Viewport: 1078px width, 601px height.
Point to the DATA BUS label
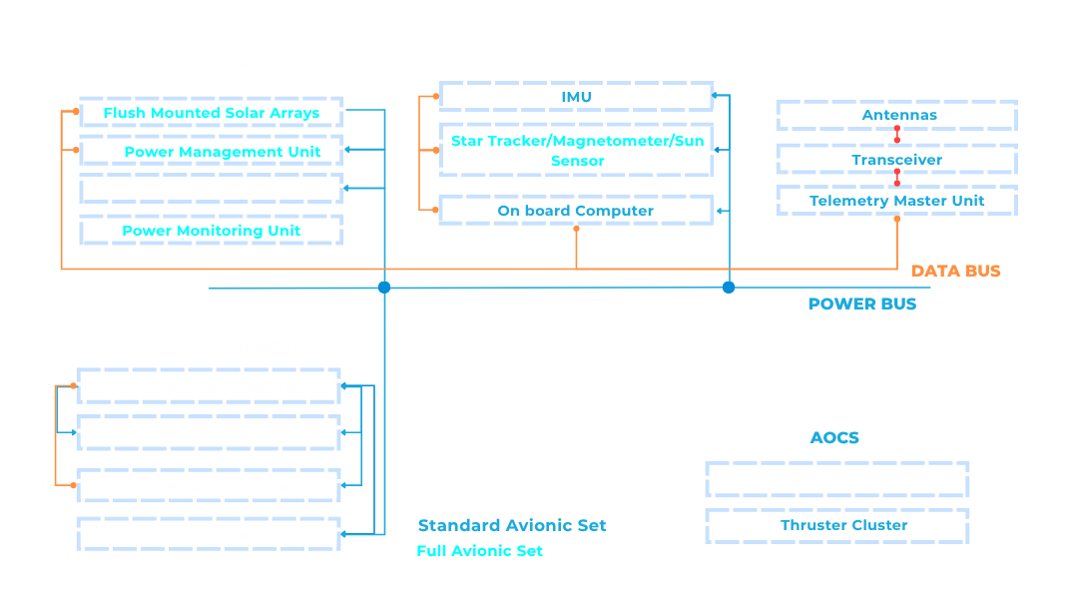[x=955, y=271]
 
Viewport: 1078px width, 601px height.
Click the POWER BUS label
[x=862, y=303]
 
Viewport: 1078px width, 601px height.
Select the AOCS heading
[x=834, y=438]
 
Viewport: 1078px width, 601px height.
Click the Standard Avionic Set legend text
[x=512, y=525]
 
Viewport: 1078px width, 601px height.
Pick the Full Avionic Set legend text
[x=480, y=551]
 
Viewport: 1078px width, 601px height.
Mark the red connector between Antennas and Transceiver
[x=897, y=134]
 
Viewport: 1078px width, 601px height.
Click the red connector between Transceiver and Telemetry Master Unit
[x=897, y=178]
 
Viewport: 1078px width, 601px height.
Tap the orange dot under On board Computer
[x=576, y=229]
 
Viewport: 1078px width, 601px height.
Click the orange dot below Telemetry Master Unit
[x=897, y=219]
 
